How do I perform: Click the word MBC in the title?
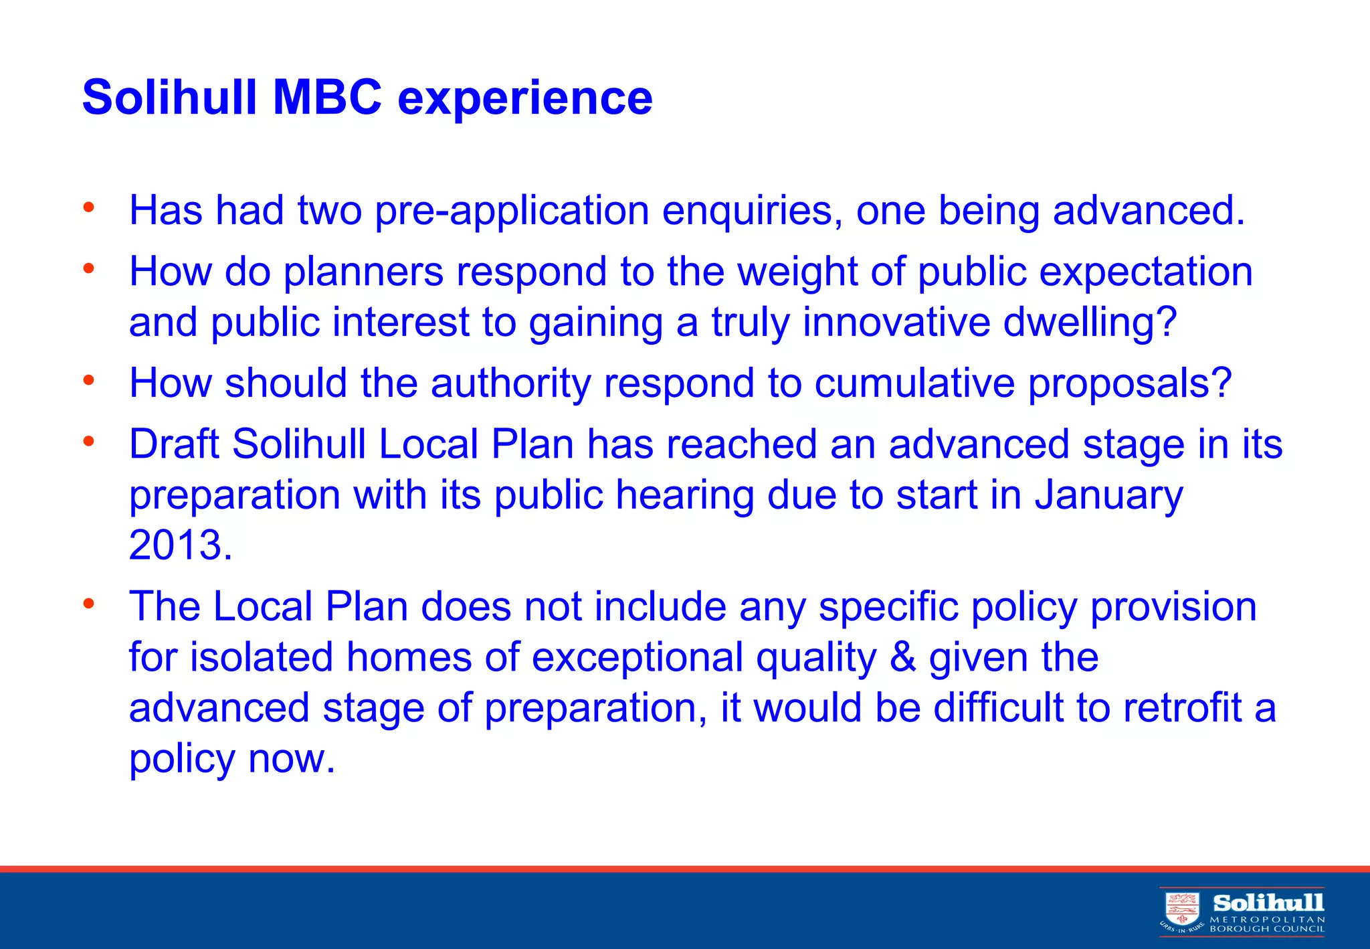(326, 98)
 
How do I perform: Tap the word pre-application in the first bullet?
(512, 211)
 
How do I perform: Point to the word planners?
(364, 272)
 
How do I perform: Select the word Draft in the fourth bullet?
(174, 444)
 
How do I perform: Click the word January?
(1108, 496)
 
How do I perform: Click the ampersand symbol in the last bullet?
(903, 658)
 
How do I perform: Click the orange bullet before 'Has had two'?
(88, 207)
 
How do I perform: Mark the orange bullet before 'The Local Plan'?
(88, 604)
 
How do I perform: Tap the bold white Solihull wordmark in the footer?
(1268, 903)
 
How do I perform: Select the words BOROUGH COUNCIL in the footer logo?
(1267, 929)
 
